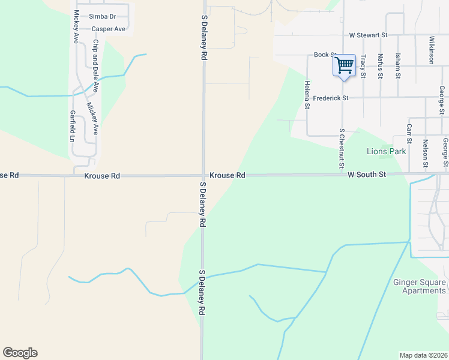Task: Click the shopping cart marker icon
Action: click(x=344, y=65)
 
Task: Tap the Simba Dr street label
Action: click(x=103, y=16)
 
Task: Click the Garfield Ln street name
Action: click(x=72, y=127)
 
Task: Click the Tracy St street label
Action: click(x=363, y=66)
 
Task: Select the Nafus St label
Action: click(x=381, y=66)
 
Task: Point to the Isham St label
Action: click(x=397, y=66)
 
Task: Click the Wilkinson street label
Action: click(x=431, y=50)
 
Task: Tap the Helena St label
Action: click(x=307, y=95)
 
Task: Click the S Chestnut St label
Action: click(x=341, y=148)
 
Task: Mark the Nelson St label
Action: click(x=425, y=153)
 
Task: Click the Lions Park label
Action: click(x=387, y=151)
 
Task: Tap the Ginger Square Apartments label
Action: click(x=420, y=287)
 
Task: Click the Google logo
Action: click(x=20, y=353)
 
